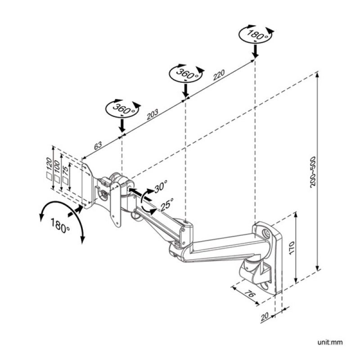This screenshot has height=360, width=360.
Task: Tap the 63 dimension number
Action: (98, 145)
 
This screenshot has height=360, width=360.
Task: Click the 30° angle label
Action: (160, 186)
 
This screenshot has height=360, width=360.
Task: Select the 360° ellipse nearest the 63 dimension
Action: (122, 109)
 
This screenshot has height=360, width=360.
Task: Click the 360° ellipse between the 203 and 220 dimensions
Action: (185, 74)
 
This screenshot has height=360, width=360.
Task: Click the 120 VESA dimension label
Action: (49, 162)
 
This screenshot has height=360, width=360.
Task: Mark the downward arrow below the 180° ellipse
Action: (255, 51)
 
